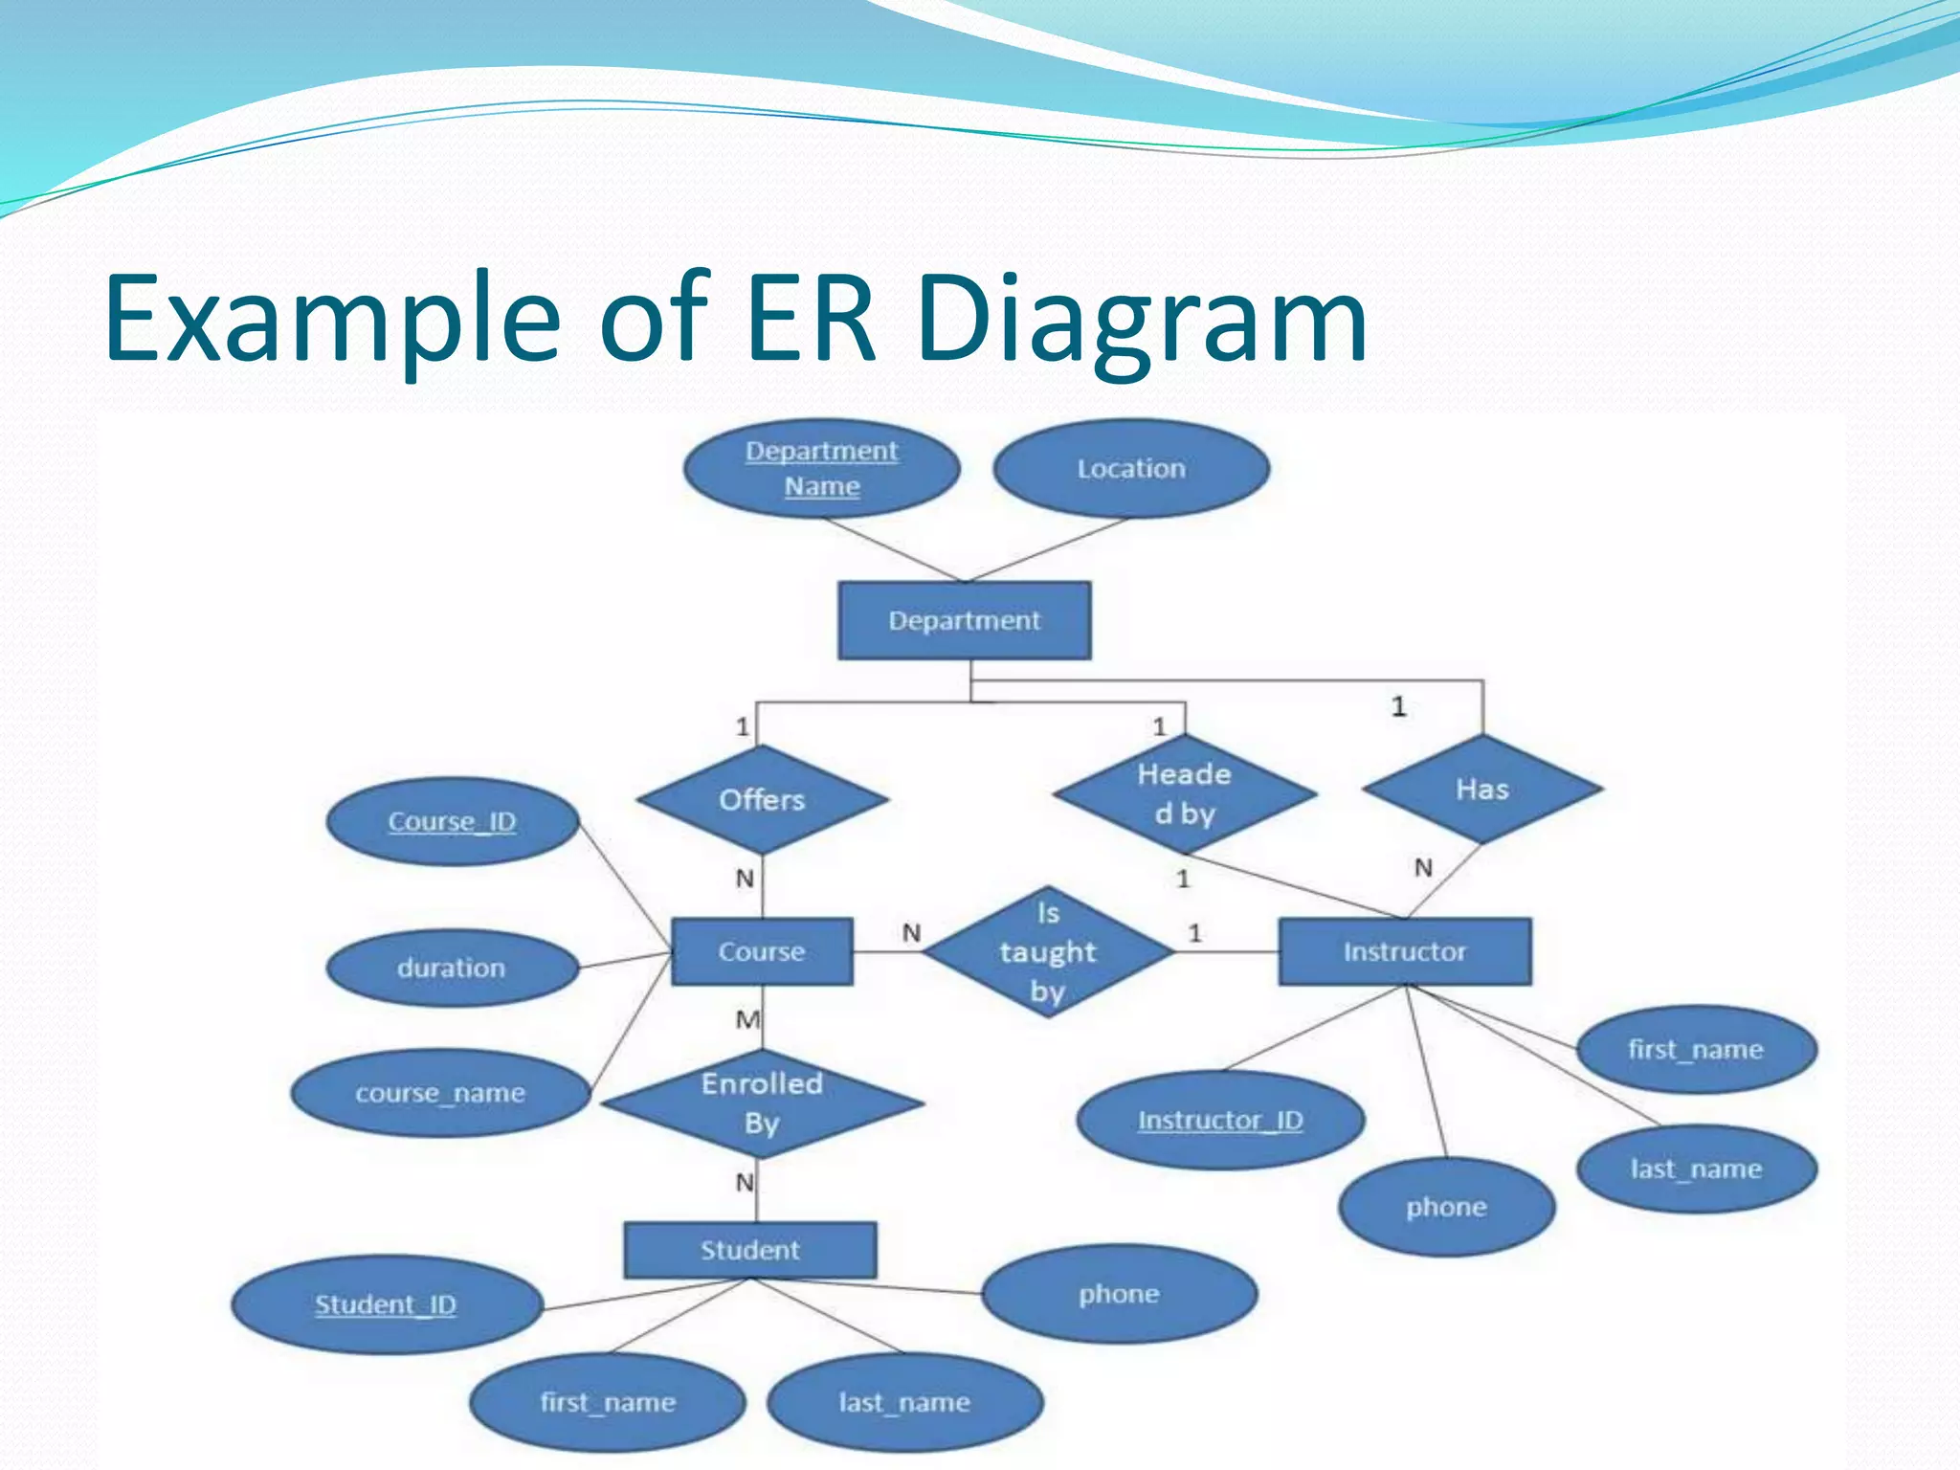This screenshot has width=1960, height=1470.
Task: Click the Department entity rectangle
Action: click(x=964, y=620)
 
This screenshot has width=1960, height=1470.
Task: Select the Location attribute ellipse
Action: click(x=1131, y=469)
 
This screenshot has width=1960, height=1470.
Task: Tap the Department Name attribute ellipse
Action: click(x=821, y=469)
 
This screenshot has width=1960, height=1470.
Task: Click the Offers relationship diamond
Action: click(x=762, y=800)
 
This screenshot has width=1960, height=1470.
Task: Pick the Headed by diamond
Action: click(x=1184, y=793)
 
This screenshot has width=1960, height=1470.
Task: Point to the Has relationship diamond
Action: click(x=1481, y=790)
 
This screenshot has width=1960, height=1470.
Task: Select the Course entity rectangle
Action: click(x=762, y=951)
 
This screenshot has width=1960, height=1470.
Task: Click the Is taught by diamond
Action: click(x=1048, y=951)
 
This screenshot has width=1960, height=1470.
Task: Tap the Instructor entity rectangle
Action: click(x=1404, y=951)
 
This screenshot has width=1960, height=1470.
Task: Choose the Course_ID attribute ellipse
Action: click(x=452, y=821)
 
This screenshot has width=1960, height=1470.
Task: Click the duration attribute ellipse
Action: click(x=452, y=968)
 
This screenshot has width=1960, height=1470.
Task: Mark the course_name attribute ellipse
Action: click(x=440, y=1093)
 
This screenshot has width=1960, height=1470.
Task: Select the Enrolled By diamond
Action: click(x=762, y=1102)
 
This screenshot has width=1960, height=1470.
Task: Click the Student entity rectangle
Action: click(x=749, y=1250)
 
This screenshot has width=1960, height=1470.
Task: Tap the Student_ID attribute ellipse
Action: click(x=386, y=1304)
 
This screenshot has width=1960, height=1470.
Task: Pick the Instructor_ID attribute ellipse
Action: click(x=1220, y=1120)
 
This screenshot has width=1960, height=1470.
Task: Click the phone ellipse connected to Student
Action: click(x=1119, y=1294)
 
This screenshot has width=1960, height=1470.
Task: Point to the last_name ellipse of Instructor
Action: click(x=1696, y=1169)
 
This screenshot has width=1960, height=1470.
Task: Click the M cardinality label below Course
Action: click(x=747, y=1020)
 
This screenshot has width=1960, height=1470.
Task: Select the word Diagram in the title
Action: click(x=1141, y=318)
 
